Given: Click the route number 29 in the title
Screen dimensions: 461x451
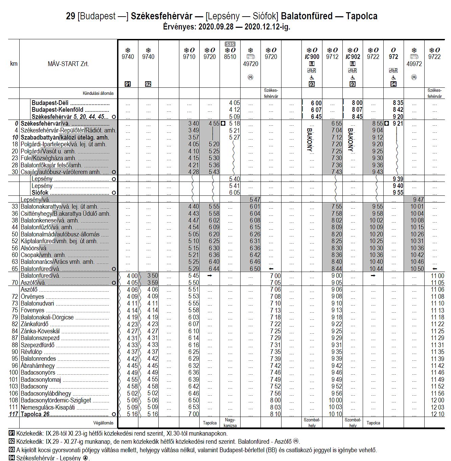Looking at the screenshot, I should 70,16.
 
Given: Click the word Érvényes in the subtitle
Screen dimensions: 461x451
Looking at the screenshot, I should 179,27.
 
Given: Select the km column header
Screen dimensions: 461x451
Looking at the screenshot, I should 14,64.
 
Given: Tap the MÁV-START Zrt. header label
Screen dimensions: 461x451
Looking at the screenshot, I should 68,64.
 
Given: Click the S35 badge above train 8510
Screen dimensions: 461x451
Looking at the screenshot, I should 230,44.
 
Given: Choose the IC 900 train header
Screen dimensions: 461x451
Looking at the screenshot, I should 312,57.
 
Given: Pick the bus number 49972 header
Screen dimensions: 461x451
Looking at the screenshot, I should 414,64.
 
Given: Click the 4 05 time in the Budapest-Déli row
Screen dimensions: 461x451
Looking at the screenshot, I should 234,103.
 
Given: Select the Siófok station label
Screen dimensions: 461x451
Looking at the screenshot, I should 40,193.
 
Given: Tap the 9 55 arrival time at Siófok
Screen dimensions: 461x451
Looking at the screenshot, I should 398,193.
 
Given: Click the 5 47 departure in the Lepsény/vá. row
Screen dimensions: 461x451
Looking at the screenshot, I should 255,200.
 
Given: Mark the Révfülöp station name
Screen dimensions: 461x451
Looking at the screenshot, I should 32,352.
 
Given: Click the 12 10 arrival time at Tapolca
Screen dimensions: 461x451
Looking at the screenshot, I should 437,414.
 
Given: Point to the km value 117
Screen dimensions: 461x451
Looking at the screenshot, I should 14,414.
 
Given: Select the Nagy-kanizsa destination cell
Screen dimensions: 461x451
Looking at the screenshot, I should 230,423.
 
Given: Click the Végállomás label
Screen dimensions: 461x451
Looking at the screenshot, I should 103,423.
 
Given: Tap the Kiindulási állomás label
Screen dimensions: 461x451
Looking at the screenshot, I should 98,93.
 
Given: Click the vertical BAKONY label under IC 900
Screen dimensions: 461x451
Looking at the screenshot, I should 309,140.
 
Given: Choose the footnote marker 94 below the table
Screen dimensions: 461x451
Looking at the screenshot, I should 12,458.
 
